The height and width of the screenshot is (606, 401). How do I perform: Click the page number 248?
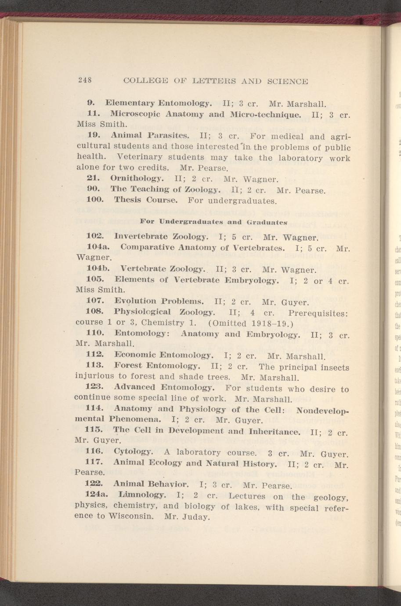[83, 81]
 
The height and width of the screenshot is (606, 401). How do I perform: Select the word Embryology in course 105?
[252, 280]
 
